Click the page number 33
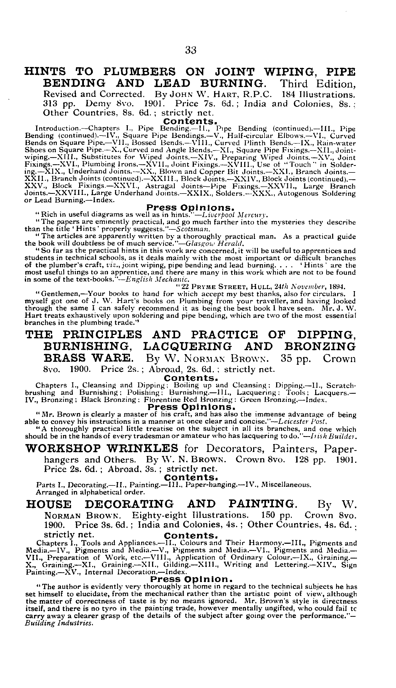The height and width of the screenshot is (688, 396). (191, 50)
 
